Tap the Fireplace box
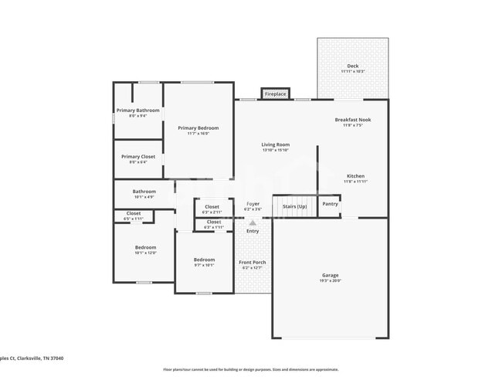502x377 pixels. [275, 94]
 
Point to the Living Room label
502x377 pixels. [275, 147]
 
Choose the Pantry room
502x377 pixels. [330, 204]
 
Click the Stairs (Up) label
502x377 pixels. [294, 206]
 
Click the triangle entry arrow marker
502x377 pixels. [253, 222]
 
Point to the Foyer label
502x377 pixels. [253, 205]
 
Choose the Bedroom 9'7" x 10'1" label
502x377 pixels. [204, 261]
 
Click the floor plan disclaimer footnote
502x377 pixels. [250, 369]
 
